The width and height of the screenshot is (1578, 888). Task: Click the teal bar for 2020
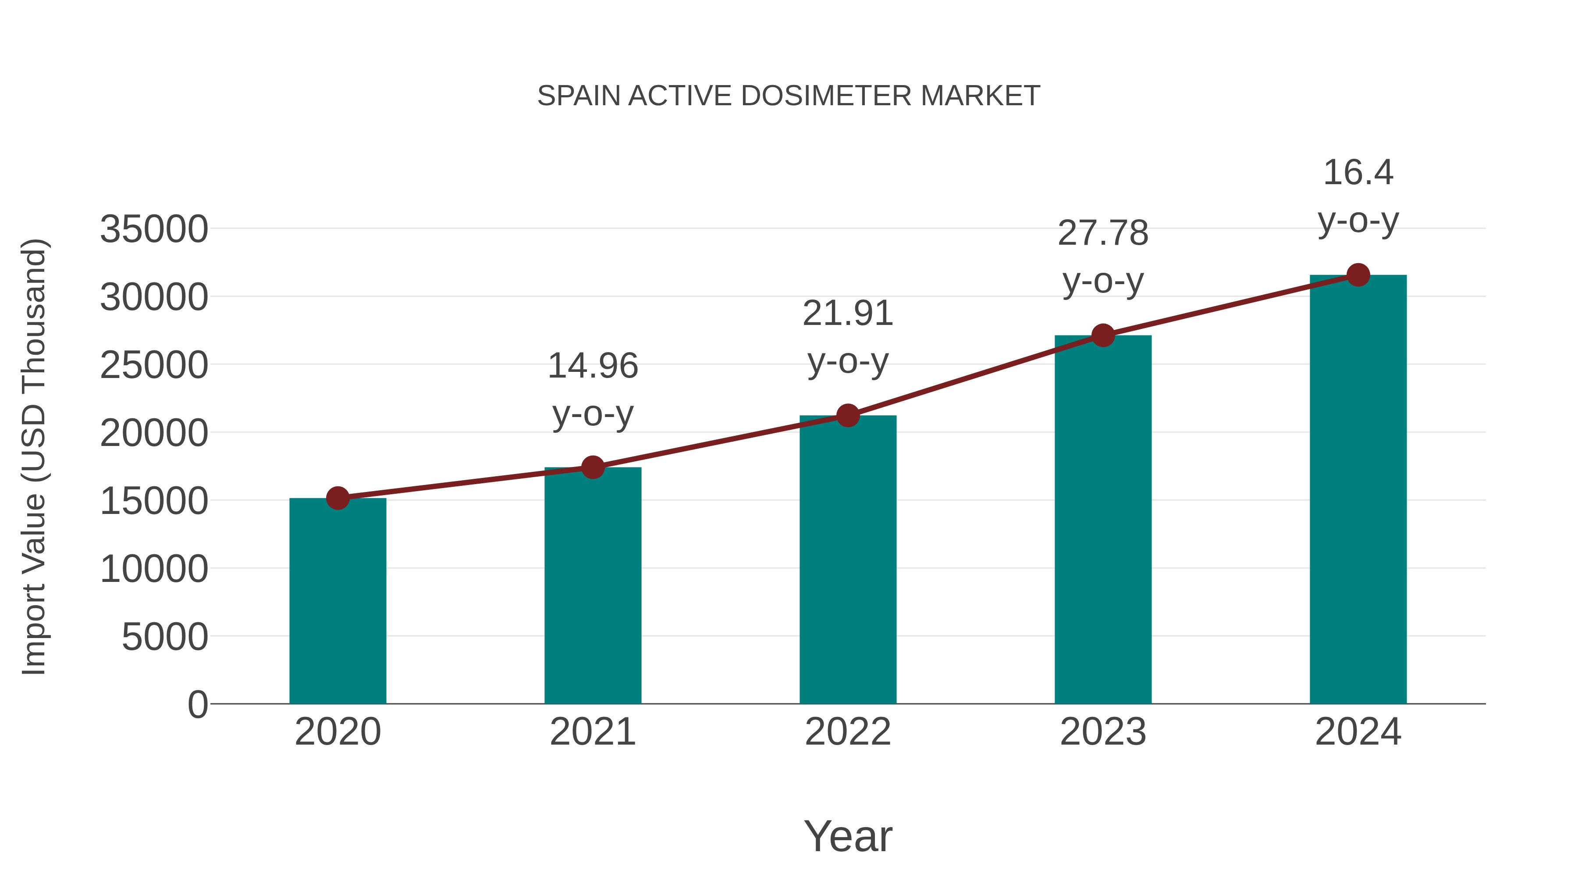[x=338, y=601]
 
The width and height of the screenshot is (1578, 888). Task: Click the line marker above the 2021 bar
[x=592, y=467]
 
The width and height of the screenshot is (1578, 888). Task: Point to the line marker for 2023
[x=1103, y=335]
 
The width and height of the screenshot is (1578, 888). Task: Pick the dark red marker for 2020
[x=338, y=498]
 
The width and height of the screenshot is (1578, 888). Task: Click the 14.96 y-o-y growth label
[x=592, y=390]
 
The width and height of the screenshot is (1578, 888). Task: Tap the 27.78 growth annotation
[x=1103, y=257]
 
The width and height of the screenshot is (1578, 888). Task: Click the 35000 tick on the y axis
[x=154, y=230]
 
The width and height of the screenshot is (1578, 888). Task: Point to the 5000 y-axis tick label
[x=165, y=637]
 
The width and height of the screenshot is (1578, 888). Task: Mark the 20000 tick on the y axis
[x=154, y=434]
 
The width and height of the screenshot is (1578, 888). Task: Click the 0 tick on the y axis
[x=198, y=705]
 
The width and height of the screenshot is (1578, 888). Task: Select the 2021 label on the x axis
[x=592, y=732]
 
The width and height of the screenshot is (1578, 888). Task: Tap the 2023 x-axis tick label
[x=1103, y=732]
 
